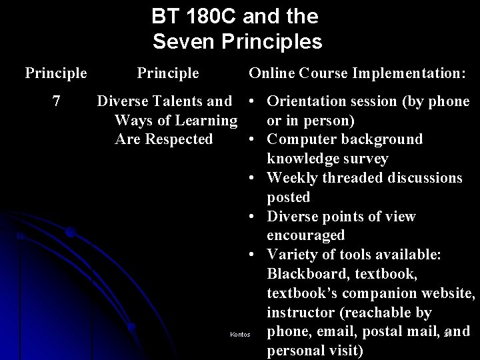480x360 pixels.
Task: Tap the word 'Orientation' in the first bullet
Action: pyautogui.click(x=309, y=101)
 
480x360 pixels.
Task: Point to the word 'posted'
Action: pyautogui.click(x=289, y=197)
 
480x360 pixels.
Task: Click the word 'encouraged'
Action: pyautogui.click(x=306, y=235)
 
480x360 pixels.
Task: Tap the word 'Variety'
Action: pyautogui.click(x=292, y=255)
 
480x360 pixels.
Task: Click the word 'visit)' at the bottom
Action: pyautogui.click(x=345, y=351)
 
